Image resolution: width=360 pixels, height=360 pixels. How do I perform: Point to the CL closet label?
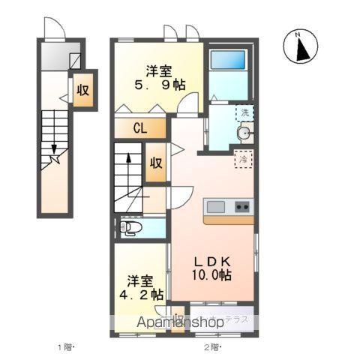pos(139,128)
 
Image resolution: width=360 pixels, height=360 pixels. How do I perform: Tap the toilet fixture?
pos(130,227)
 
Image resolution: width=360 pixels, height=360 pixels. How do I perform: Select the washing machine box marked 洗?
pos(244,112)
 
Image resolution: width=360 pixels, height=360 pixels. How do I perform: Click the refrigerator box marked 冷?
pos(243,159)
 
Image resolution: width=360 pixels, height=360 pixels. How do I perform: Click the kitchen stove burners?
pos(242,205)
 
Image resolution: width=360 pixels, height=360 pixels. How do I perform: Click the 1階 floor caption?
pos(67,346)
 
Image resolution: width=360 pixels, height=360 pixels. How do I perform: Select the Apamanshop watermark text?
pos(178,322)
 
